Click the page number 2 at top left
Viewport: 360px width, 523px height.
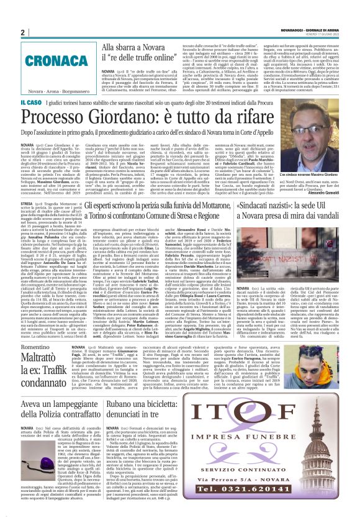(x=22, y=32)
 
